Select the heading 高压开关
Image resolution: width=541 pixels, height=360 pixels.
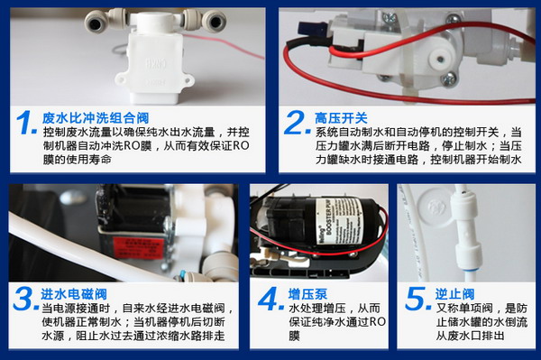(342, 117)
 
